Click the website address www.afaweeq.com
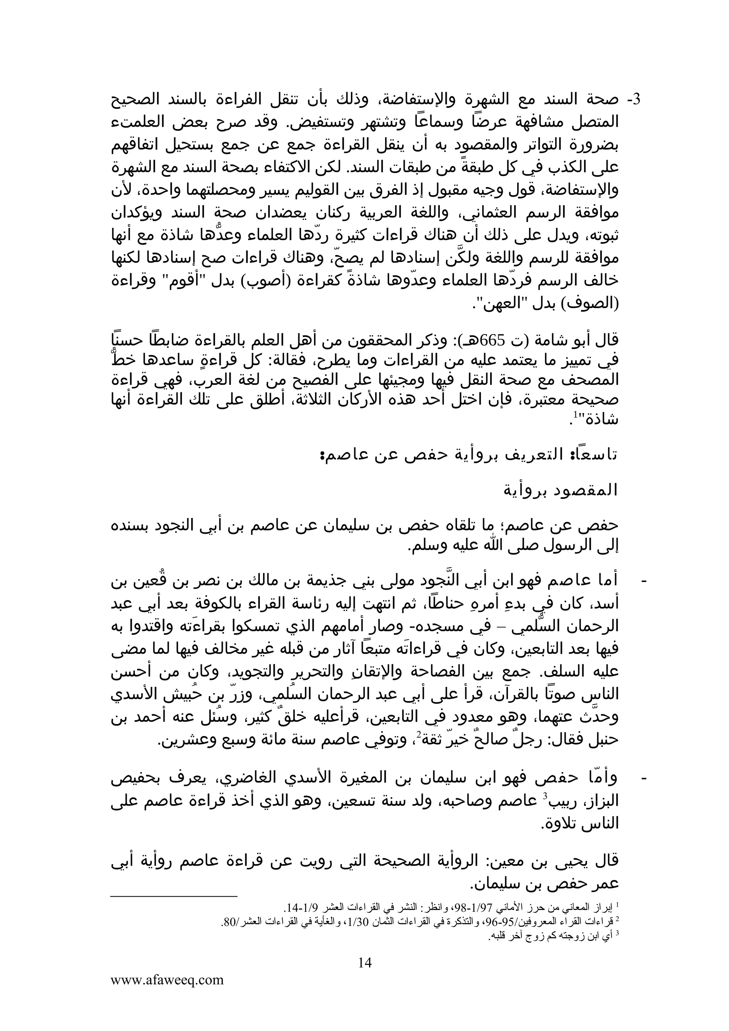coord(167,980)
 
